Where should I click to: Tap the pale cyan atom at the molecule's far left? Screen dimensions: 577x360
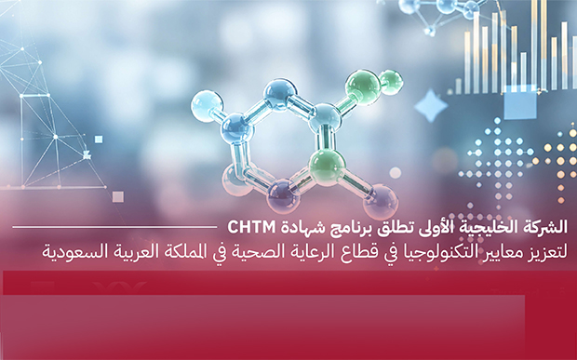pyautogui.click(x=207, y=106)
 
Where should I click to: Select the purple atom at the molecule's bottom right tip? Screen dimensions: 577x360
pyautogui.click(x=381, y=201)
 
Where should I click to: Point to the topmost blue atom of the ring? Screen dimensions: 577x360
pyautogui.click(x=280, y=95)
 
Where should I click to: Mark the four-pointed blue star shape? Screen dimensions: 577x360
pyautogui.click(x=431, y=106)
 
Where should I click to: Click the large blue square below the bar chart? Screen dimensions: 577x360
pyautogui.click(x=520, y=102)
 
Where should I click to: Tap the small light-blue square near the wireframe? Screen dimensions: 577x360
pyautogui.click(x=99, y=140)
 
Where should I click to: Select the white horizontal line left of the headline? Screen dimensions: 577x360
pyautogui.click(x=114, y=227)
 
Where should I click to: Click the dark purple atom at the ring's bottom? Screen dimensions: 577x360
pyautogui.click(x=283, y=195)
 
